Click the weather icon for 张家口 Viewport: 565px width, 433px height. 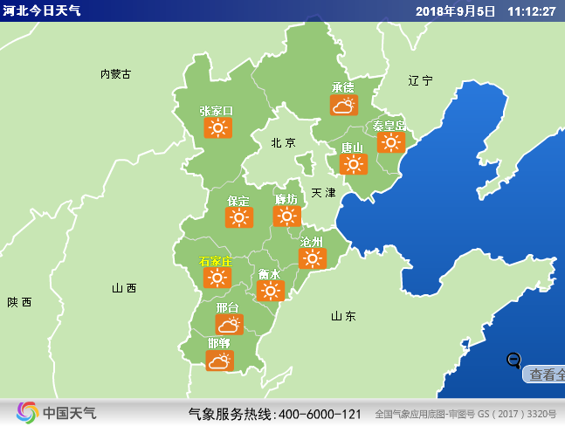click(217, 128)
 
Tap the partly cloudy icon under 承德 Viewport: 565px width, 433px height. click(343, 106)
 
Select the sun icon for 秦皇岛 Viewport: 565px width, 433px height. click(389, 142)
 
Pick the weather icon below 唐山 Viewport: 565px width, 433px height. click(353, 163)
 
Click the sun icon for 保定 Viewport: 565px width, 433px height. click(238, 217)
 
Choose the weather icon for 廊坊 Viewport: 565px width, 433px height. click(286, 216)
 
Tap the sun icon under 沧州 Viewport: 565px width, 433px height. click(312, 258)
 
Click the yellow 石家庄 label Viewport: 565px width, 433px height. click(216, 261)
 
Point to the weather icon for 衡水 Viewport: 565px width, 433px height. click(270, 291)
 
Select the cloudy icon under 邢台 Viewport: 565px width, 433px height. click(229, 325)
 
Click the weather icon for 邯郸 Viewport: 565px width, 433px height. click(219, 360)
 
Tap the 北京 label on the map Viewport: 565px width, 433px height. click(283, 142)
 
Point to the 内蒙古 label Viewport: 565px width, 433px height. click(115, 74)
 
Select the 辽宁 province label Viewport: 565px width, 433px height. click(420, 80)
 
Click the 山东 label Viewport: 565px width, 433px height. click(343, 316)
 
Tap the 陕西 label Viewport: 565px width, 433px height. click(19, 302)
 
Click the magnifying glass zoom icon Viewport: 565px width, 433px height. click(514, 360)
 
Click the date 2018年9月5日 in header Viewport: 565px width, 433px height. click(456, 10)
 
